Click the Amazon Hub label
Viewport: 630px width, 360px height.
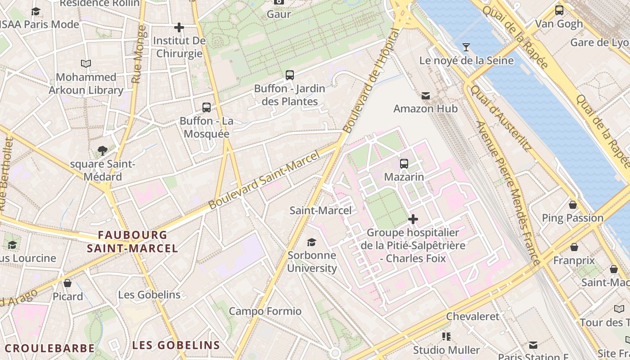[x=425, y=108]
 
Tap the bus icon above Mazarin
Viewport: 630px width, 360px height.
[x=404, y=164]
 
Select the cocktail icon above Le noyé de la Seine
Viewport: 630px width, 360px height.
[x=466, y=47]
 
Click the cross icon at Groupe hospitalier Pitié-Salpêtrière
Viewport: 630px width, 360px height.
[x=413, y=219]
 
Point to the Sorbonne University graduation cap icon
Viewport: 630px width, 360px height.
[x=311, y=243]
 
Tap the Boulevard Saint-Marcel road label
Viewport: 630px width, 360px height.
[x=264, y=180]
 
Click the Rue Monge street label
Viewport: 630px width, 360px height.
[x=139, y=54]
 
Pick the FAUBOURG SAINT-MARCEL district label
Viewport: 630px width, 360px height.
[x=132, y=242]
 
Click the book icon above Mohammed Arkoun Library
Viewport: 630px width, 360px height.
[x=85, y=64]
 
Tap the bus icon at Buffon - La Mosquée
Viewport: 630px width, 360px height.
[x=207, y=108]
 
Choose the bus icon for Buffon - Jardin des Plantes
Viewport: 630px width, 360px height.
[x=290, y=75]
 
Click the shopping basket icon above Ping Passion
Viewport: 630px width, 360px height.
[x=572, y=205]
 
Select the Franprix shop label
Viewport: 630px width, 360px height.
[x=574, y=261]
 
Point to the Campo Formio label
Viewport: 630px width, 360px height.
[x=265, y=311]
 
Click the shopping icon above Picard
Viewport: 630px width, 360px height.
[x=67, y=283]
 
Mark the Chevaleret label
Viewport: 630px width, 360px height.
[x=472, y=316]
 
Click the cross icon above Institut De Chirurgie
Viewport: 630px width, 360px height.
[x=179, y=27]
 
